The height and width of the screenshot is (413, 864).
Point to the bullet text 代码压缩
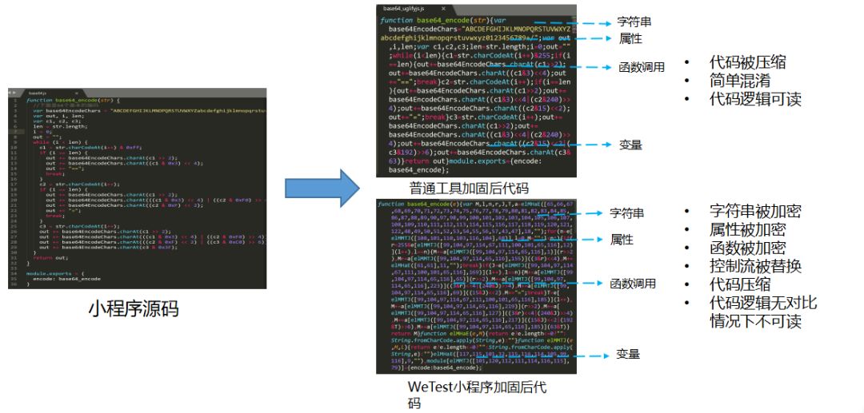tap(740, 285)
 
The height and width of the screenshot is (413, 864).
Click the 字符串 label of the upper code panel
tap(634, 22)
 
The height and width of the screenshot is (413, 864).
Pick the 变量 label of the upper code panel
tap(630, 145)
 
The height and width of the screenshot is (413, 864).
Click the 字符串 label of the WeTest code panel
tap(628, 213)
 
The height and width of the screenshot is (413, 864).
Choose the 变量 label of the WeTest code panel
tap(629, 354)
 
